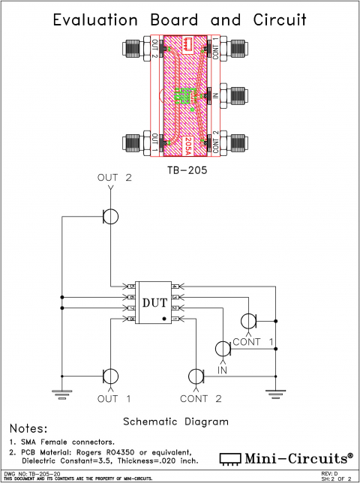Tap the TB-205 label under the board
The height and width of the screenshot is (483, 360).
click(186, 169)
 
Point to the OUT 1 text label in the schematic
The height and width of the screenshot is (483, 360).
click(113, 398)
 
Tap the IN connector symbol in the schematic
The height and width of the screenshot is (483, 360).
click(223, 349)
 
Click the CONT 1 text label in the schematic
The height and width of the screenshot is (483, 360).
click(255, 342)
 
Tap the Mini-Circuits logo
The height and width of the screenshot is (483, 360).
click(286, 457)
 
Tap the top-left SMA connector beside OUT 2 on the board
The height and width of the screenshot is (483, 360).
click(131, 50)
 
